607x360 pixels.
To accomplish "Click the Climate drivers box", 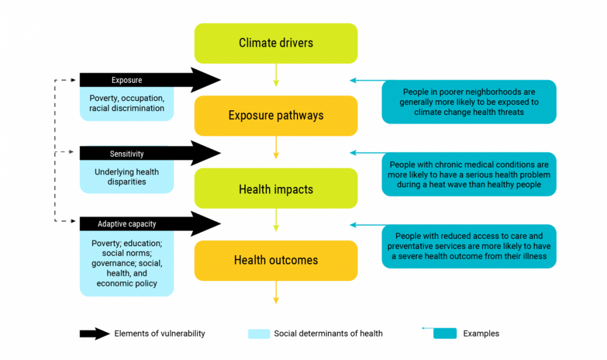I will pyautogui.click(x=276, y=43).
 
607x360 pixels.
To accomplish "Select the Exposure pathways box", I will pyautogui.click(x=276, y=116).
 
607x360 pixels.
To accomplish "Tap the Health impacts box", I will pyautogui.click(x=276, y=189).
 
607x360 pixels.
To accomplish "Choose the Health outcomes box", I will pyautogui.click(x=276, y=260).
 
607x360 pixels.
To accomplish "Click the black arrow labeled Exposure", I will pyautogui.click(x=148, y=80).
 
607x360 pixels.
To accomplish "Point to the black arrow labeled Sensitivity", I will pyautogui.click(x=148, y=154).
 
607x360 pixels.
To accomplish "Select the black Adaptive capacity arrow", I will pyautogui.click(x=148, y=224).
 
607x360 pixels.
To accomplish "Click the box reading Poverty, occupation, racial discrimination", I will pyautogui.click(x=127, y=103).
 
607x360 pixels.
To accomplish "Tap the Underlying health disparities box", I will pyautogui.click(x=127, y=177).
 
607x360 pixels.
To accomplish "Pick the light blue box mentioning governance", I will pyautogui.click(x=127, y=263).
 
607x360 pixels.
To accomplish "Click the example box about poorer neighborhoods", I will pyautogui.click(x=469, y=102).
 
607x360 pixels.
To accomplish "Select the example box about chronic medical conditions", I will pyautogui.click(x=469, y=174).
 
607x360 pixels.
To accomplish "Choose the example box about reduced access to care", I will pyautogui.click(x=469, y=246).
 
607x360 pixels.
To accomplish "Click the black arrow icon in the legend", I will pyautogui.click(x=94, y=333).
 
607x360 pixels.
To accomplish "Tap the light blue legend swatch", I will pyautogui.click(x=258, y=333).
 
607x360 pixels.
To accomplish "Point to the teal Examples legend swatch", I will pyautogui.click(x=445, y=333).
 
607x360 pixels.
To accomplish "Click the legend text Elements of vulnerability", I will pyautogui.click(x=159, y=333).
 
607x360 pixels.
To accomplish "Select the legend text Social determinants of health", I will pyautogui.click(x=328, y=333).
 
